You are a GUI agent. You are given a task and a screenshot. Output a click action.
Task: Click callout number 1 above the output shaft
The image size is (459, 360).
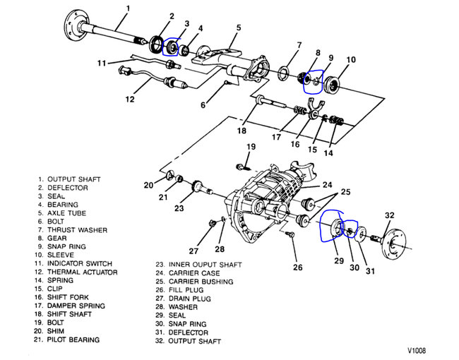click(x=127, y=8)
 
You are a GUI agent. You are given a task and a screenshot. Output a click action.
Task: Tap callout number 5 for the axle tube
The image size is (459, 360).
click(x=238, y=28)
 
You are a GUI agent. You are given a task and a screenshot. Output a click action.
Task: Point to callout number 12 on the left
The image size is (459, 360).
click(x=129, y=100)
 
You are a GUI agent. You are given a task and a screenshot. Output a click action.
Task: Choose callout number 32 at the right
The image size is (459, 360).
click(x=390, y=215)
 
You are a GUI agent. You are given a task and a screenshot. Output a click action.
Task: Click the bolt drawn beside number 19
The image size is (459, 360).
click(x=242, y=167)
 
